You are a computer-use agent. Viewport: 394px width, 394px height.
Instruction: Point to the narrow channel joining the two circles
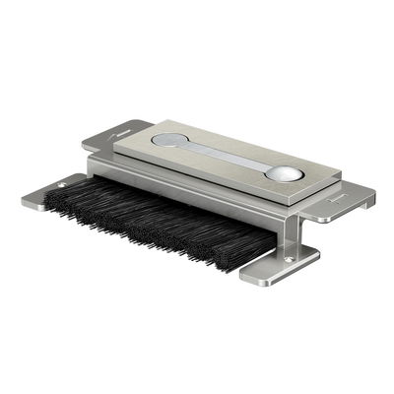click(226, 156)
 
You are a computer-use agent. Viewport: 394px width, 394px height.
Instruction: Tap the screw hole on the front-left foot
click(62, 185)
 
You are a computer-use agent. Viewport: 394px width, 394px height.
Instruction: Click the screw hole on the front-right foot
click(287, 259)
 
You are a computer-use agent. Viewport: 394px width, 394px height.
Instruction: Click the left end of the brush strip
click(47, 205)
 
